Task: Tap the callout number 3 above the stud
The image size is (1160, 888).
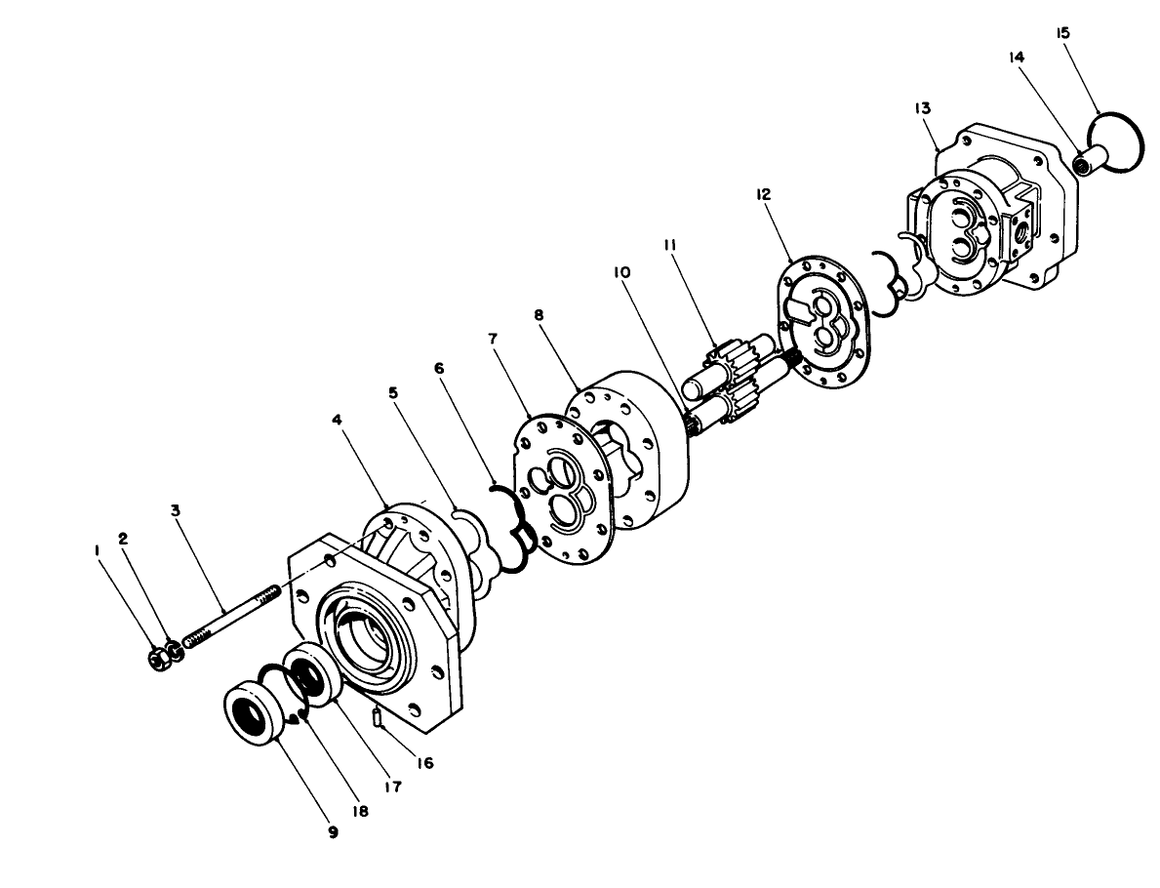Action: tap(175, 510)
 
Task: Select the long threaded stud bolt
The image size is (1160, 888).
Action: tap(230, 613)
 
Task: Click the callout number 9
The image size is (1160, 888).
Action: tap(332, 831)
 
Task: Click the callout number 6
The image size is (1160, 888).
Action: tap(438, 369)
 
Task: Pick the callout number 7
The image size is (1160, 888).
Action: tap(494, 338)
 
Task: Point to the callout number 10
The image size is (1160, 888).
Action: tap(620, 274)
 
